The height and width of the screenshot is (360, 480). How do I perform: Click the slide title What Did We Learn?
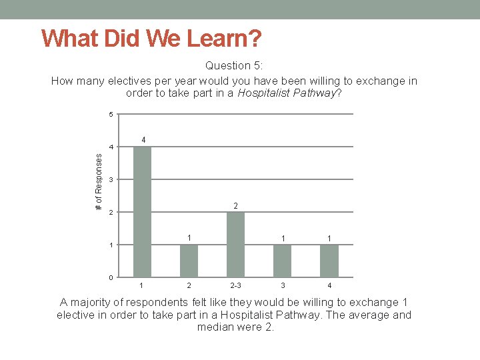151,38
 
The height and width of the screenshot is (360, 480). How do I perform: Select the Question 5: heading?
234,66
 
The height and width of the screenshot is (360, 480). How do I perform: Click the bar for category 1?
142,211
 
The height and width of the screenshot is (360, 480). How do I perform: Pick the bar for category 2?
189,261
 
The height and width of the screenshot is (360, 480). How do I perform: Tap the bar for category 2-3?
236,244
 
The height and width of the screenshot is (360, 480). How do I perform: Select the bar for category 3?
283,261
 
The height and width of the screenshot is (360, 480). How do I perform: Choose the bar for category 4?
329,261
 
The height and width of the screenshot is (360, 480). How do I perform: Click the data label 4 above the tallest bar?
143,140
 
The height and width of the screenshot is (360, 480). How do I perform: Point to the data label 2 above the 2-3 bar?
236,206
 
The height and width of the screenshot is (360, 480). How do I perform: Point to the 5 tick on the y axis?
111,115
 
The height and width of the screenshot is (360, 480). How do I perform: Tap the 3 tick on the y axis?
111,180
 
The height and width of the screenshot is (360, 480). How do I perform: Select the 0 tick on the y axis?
111,277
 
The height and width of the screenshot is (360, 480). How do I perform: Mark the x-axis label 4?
329,286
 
